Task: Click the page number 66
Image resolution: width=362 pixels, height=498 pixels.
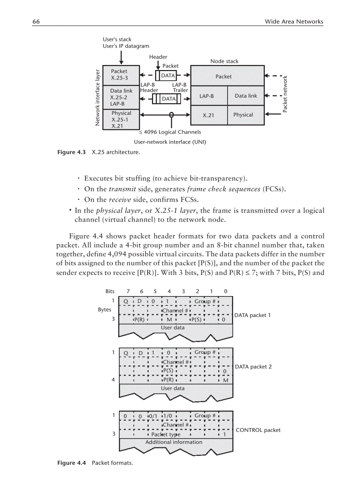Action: (36, 21)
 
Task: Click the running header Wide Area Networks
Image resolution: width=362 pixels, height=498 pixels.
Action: (294, 21)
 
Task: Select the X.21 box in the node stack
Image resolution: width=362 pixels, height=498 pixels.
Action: (209, 115)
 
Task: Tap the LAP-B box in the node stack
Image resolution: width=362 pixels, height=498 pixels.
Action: (207, 96)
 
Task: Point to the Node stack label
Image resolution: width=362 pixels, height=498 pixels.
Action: (224, 61)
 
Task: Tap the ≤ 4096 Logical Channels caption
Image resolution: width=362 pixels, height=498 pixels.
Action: (170, 132)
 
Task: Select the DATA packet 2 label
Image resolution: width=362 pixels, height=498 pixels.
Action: (252, 367)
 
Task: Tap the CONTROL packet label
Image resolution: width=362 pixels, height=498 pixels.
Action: (258, 430)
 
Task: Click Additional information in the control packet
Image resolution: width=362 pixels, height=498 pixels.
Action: (173, 442)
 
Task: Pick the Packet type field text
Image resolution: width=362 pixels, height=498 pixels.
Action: (166, 435)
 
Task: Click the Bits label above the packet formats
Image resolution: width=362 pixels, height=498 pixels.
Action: (110, 291)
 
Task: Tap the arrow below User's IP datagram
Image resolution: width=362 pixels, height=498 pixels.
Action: (121, 57)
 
